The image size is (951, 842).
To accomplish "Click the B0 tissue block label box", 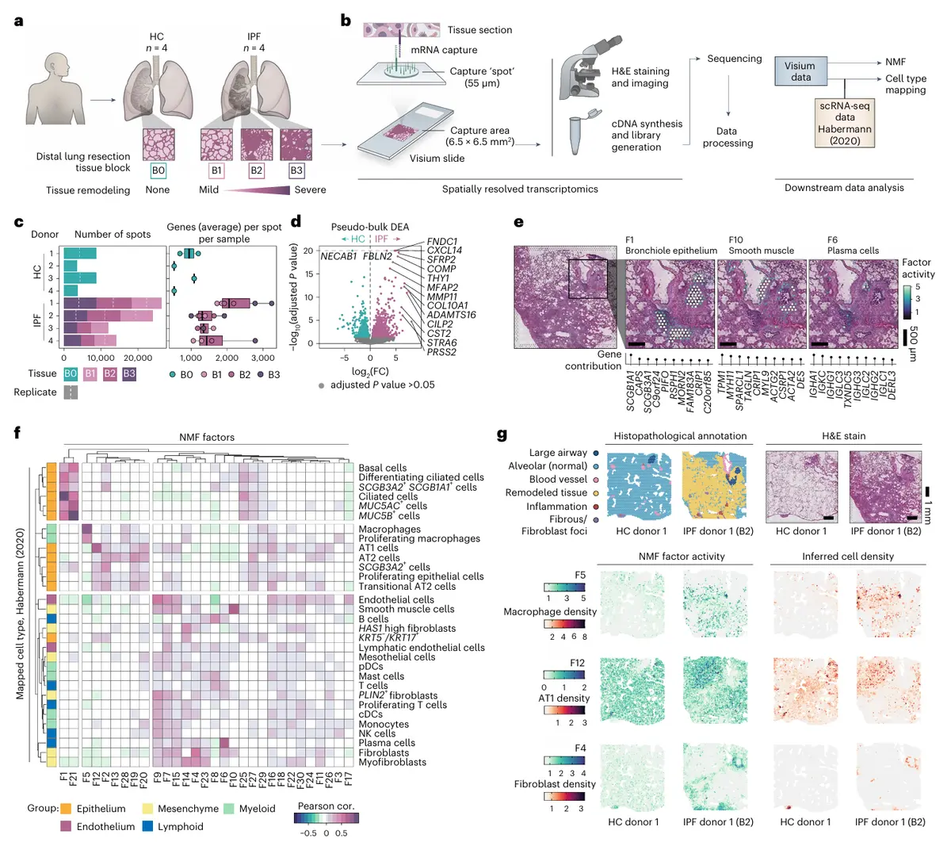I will (158, 170).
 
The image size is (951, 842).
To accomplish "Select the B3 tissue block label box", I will (296, 170).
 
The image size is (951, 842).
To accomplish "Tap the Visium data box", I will (800, 71).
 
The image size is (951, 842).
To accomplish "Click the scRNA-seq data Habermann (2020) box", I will (845, 123).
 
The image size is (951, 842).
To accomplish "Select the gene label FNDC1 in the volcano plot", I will (442, 241).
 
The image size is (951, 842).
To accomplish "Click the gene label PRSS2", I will (441, 352).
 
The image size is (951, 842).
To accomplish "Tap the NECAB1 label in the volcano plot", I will (338, 256).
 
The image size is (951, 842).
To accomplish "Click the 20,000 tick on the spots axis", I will (138, 358).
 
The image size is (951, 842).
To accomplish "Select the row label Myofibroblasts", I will (392, 762).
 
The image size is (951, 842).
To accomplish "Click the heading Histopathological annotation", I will (680, 435).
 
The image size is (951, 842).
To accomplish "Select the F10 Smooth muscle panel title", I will (761, 245).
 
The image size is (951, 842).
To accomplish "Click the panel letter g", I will (502, 434).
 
